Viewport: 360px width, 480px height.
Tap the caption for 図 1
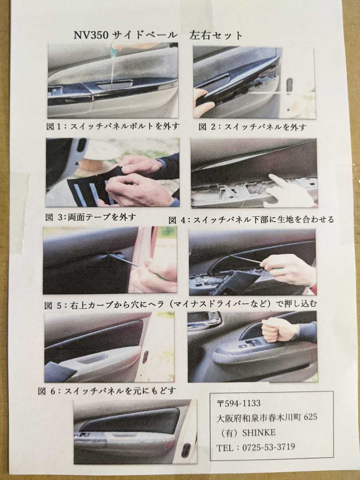[x=112, y=126]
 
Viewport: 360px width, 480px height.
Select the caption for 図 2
[x=253, y=127]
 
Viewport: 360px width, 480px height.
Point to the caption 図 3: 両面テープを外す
[x=91, y=217]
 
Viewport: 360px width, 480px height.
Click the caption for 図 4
[x=251, y=220]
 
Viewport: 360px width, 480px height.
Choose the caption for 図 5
[x=181, y=305]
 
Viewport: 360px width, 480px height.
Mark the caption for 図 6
[x=107, y=390]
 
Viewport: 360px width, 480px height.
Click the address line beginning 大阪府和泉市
[x=267, y=417]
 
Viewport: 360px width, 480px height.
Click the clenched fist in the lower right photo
[x=276, y=329]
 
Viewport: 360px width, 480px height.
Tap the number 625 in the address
[x=310, y=417]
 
